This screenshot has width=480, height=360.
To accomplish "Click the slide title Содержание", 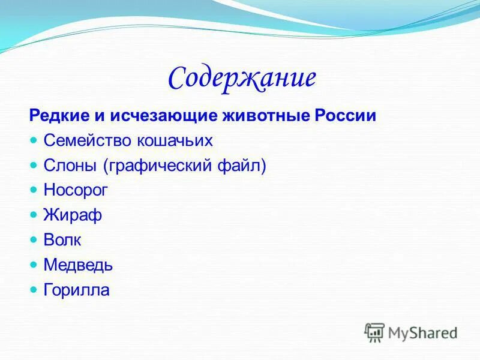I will pyautogui.click(x=242, y=79).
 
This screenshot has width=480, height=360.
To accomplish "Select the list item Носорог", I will pyautogui.click(x=76, y=190).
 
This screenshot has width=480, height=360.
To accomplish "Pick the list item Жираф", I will pyautogui.click(x=72, y=215).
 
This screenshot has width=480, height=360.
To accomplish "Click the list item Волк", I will pyautogui.click(x=62, y=240).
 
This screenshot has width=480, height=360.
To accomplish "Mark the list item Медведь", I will pyautogui.click(x=78, y=265).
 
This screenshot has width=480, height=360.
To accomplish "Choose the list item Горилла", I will pyautogui.click(x=76, y=290).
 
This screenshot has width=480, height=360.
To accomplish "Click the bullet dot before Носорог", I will pyautogui.click(x=33, y=190).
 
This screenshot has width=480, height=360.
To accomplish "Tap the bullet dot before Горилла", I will pyautogui.click(x=33, y=289).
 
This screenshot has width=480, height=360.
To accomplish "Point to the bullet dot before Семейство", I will pyautogui.click(x=33, y=140).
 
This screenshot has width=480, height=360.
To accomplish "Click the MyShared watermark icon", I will pyautogui.click(x=374, y=332).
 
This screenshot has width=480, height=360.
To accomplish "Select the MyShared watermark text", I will pyautogui.click(x=422, y=332).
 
